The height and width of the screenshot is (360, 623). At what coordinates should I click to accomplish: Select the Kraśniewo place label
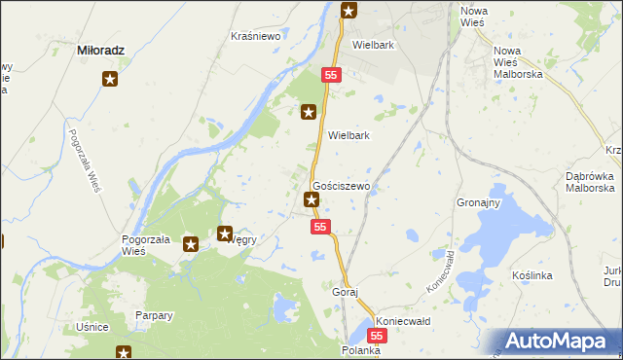tap(255, 36)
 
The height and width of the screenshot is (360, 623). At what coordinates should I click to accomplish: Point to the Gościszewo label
tap(340, 185)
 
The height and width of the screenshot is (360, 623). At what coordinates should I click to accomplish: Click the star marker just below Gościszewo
tap(311, 200)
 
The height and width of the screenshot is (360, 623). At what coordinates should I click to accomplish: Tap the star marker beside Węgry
tap(225, 234)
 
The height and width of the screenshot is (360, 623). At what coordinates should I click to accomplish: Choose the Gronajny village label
tap(478, 203)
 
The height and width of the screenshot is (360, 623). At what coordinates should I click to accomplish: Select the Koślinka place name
tap(531, 275)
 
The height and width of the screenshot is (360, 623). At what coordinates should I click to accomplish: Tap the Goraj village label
tap(346, 292)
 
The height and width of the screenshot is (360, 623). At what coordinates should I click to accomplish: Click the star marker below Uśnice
tap(124, 352)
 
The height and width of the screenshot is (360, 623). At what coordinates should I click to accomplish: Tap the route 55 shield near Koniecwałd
tap(378, 335)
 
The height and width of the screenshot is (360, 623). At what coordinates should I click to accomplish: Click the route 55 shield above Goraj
tap(322, 226)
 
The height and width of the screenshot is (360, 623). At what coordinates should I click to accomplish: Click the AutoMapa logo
tap(563, 341)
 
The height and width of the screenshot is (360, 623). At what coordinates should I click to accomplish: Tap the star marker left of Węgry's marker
tap(192, 245)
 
